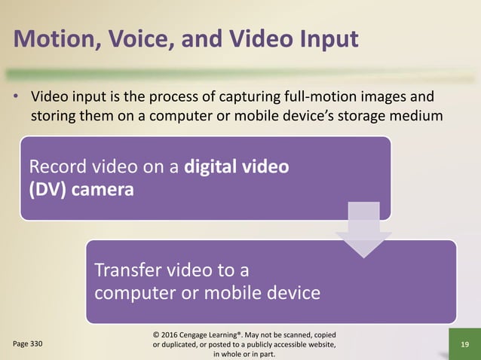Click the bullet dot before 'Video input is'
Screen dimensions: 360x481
(17, 99)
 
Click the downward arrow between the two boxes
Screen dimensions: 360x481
(363, 233)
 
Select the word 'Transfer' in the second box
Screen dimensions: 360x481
(127, 271)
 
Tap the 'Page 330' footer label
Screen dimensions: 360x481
(27, 343)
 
